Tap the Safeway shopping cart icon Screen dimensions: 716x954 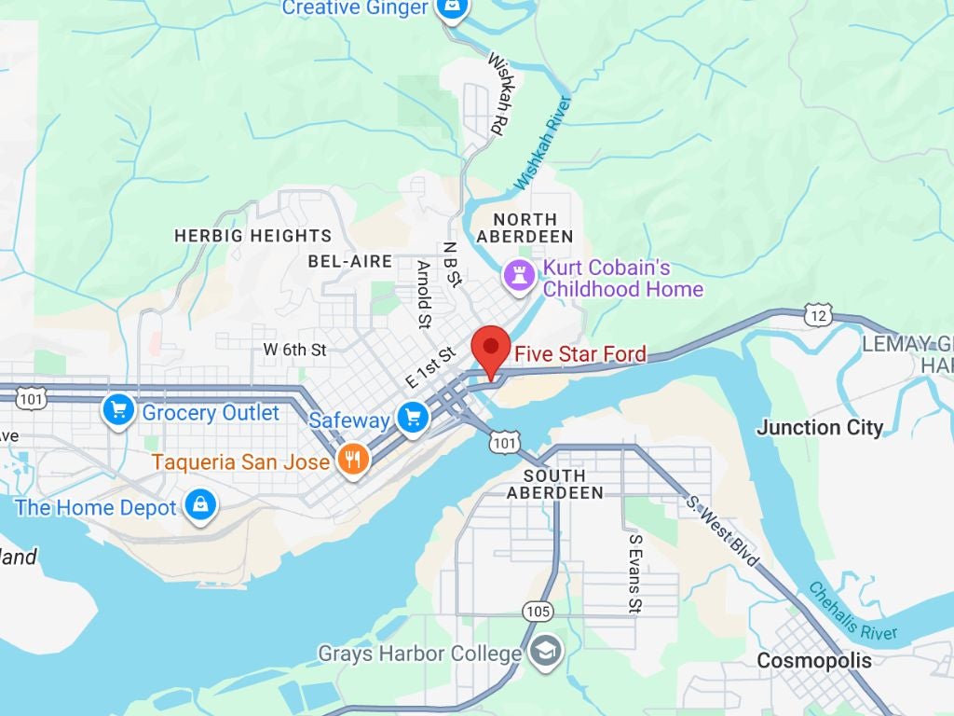click(412, 419)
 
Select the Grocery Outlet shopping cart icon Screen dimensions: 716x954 click(118, 410)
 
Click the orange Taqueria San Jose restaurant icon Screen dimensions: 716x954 click(352, 461)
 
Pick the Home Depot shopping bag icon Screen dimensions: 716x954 click(200, 506)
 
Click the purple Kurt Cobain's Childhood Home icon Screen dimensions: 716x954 click(519, 275)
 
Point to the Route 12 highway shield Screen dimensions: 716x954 click(818, 316)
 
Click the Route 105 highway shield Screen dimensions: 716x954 click(538, 612)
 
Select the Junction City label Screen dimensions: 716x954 click(820, 428)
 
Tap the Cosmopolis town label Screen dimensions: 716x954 click(814, 660)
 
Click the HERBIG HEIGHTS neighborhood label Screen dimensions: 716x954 click(252, 236)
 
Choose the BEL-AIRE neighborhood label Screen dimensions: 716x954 click(350, 261)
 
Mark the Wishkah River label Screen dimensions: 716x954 click(543, 143)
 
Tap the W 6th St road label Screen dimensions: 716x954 click(294, 350)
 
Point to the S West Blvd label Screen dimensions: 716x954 click(722, 530)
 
